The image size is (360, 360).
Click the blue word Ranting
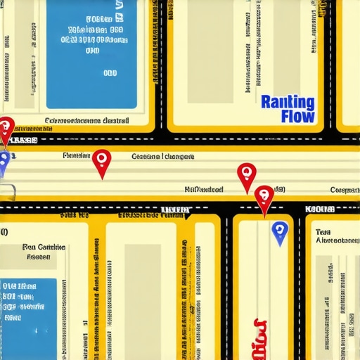(287, 102)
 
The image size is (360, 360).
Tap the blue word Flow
(297, 117)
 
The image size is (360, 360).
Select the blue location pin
(279, 231)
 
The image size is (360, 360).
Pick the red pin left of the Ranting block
(246, 175)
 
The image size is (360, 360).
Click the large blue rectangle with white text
(91, 53)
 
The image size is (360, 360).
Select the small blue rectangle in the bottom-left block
(28, 309)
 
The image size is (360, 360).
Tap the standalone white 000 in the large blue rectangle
(110, 72)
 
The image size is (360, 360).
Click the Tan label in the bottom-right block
(323, 231)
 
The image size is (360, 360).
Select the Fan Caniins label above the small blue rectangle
(44, 247)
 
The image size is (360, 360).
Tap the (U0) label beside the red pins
(279, 189)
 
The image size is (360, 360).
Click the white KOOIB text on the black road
(320, 209)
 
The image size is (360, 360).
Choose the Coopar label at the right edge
(345, 190)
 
